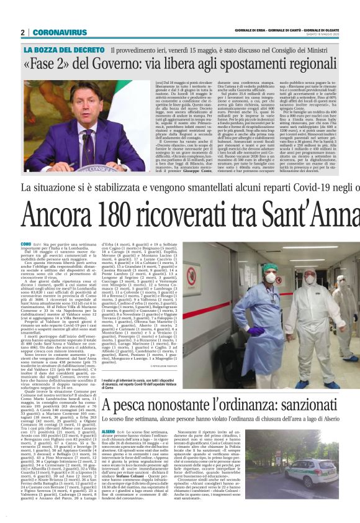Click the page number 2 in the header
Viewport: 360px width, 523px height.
pos(23,32)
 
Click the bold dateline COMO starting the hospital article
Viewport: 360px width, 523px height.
pos(26,244)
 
